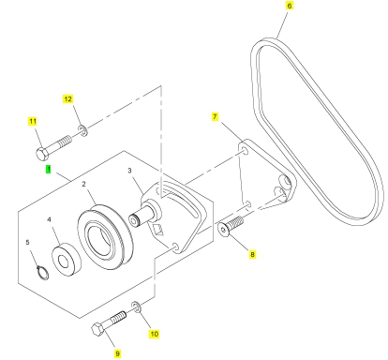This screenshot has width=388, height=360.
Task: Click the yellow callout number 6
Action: point(290,6)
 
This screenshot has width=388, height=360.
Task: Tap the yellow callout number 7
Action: point(215,117)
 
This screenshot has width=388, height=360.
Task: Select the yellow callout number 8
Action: point(252,254)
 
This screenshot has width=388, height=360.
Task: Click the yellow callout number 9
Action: point(117,353)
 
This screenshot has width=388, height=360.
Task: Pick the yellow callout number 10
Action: point(155,334)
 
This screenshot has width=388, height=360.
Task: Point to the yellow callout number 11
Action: point(33,121)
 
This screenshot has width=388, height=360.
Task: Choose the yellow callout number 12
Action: point(67,99)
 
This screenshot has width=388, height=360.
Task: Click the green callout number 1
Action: point(49,170)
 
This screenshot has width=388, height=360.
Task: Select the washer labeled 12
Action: point(83,130)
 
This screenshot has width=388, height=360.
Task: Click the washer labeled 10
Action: point(137,307)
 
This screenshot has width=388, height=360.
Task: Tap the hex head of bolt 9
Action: point(98,329)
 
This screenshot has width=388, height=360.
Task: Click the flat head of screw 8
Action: point(223,230)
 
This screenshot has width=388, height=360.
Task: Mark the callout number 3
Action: point(129,171)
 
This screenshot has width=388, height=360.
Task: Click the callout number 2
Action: point(83,184)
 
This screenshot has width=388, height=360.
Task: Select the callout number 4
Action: point(49,219)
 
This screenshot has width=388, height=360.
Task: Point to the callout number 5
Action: point(27,242)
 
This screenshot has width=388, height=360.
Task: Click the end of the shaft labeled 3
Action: point(134,220)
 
